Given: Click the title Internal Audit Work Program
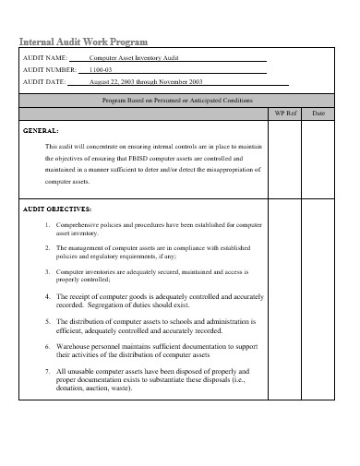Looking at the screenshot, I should tap(84, 42).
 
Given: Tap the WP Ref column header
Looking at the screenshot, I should tap(286, 113).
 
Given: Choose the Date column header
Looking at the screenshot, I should tap(318, 113).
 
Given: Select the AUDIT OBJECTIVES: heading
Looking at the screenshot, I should tap(57, 209).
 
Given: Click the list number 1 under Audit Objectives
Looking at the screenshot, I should tap(47, 224).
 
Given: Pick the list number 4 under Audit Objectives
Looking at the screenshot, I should tap(47, 296).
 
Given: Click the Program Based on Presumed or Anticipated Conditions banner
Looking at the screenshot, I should tap(177, 99).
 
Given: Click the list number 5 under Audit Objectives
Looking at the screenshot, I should tap(47, 321).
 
